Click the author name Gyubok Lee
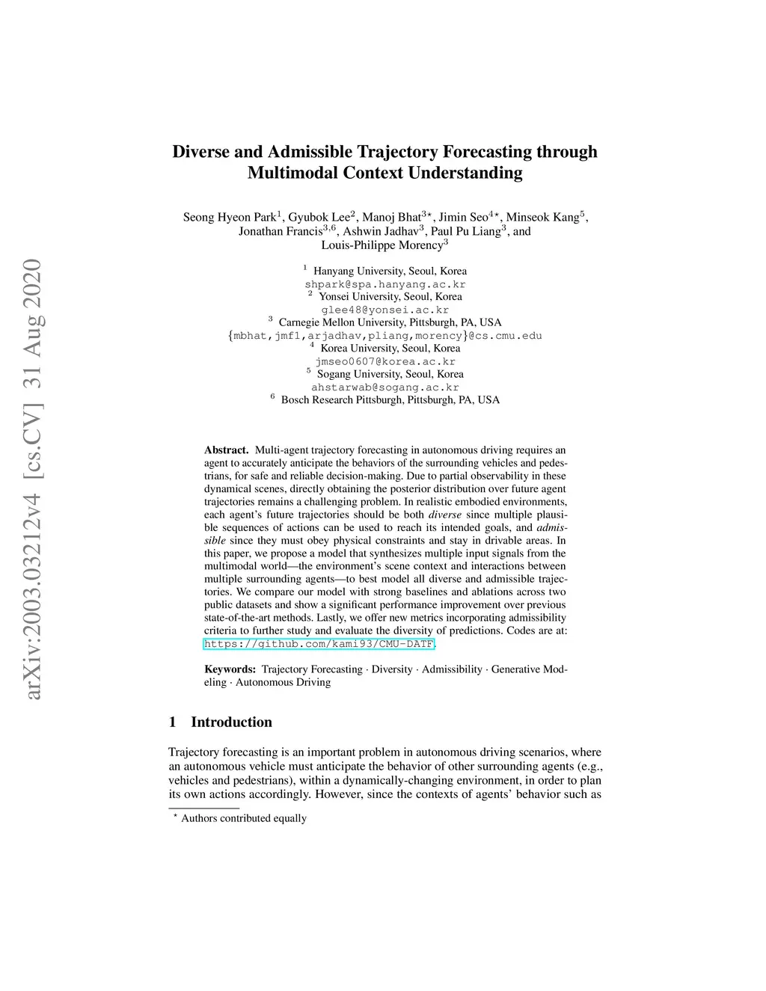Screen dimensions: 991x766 click(x=318, y=218)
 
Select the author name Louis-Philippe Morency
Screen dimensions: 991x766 click(x=382, y=245)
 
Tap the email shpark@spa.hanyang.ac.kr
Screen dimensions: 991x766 click(x=384, y=284)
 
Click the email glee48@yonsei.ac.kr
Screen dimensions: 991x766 click(x=384, y=310)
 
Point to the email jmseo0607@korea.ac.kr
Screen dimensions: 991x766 click(x=384, y=361)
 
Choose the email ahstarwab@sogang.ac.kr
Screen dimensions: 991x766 click(x=384, y=387)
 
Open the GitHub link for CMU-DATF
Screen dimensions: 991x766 click(x=319, y=644)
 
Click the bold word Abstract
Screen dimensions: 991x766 click(x=226, y=450)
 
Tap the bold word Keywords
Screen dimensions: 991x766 click(x=230, y=669)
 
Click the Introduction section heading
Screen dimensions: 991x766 click(x=231, y=722)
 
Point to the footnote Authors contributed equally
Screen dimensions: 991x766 click(x=243, y=818)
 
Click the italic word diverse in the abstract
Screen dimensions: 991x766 click(x=444, y=515)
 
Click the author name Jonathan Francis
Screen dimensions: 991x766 click(x=280, y=232)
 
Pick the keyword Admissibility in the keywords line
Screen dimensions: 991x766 click(x=452, y=669)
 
